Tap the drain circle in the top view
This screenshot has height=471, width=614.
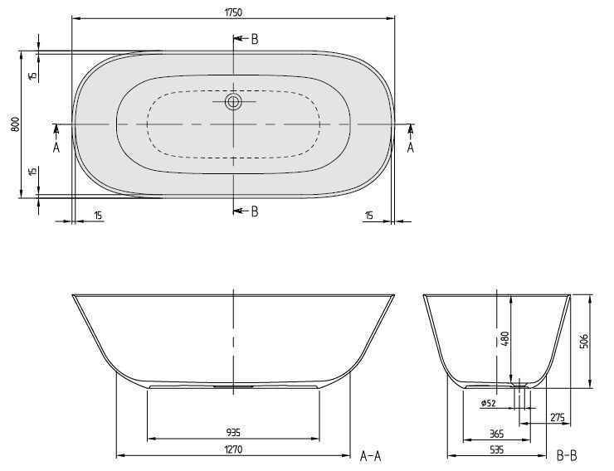233,103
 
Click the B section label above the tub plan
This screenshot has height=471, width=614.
254,39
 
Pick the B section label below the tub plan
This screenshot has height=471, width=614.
254,211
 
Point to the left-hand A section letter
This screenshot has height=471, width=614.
56,147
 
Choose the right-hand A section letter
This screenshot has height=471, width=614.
410,147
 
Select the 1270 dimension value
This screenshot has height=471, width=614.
233,449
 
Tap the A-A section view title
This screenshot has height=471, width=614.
371,455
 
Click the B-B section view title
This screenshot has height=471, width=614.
568,455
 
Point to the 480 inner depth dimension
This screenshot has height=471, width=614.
504,339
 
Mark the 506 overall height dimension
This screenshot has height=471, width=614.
584,341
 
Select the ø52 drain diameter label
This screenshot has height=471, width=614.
489,404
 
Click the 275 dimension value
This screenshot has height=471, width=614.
558,417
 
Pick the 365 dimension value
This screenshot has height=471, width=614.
495,433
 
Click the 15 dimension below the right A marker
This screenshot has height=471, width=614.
369,216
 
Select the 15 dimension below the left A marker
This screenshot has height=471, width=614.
98,216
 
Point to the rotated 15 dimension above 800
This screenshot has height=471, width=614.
32,75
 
